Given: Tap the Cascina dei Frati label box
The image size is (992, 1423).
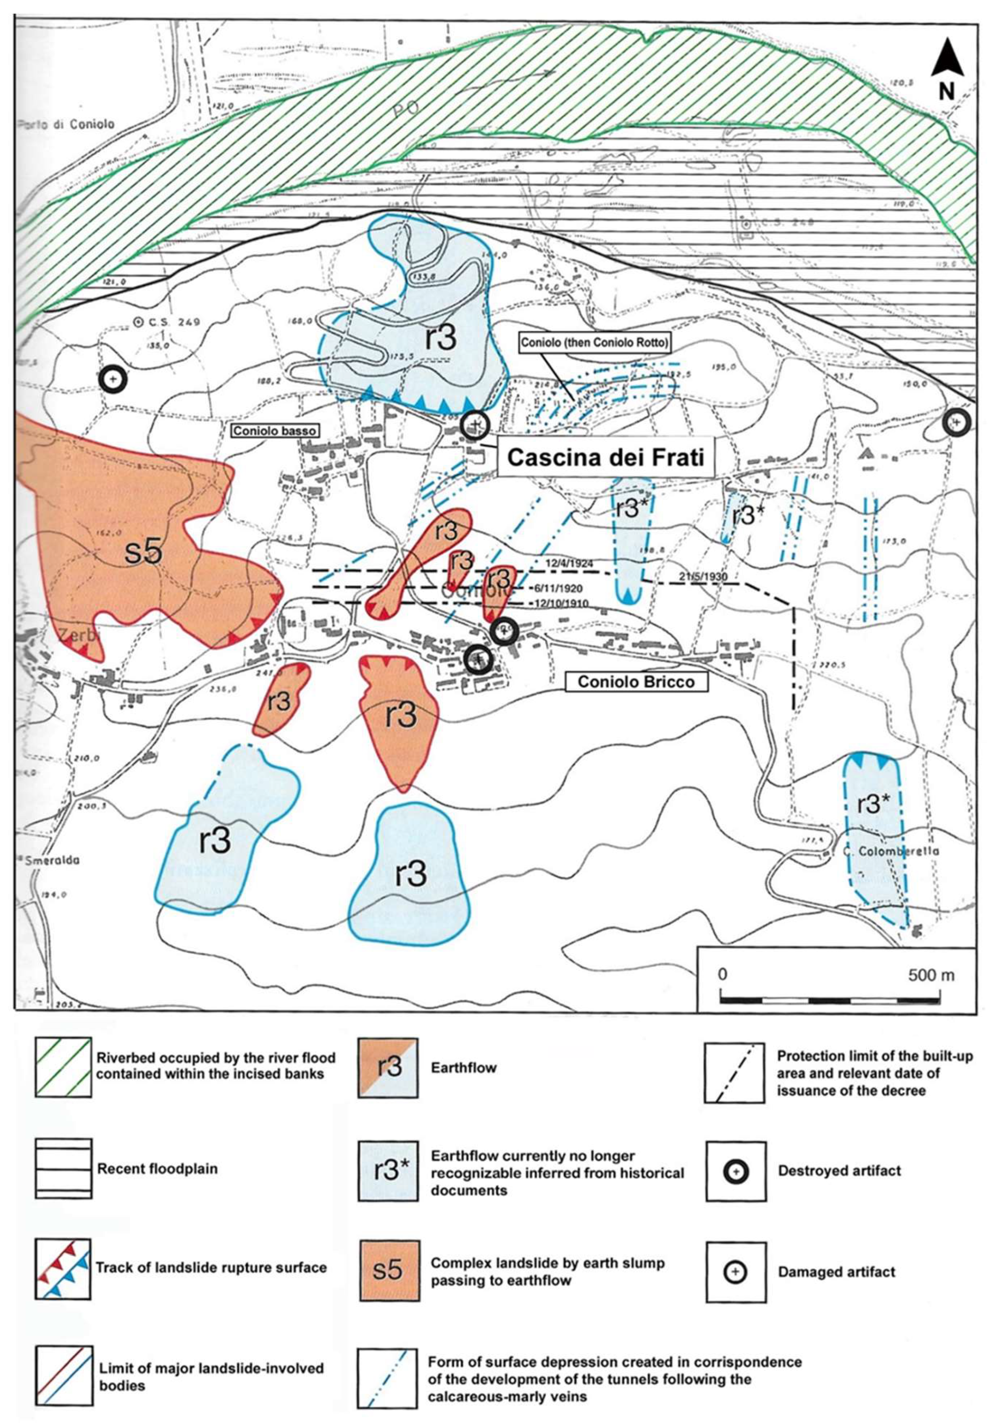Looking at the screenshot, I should [x=606, y=457].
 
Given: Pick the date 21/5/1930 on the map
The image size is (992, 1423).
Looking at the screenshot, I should [x=702, y=576].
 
